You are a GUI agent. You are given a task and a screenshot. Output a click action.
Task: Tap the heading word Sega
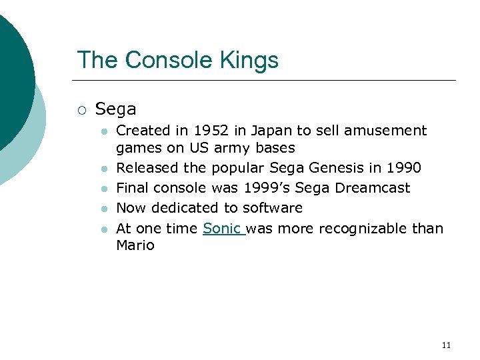pyautogui.click(x=115, y=109)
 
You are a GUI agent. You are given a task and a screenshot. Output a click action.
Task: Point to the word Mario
pyautogui.click(x=135, y=245)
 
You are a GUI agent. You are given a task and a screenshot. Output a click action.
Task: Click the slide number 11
pyautogui.click(x=446, y=345)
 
